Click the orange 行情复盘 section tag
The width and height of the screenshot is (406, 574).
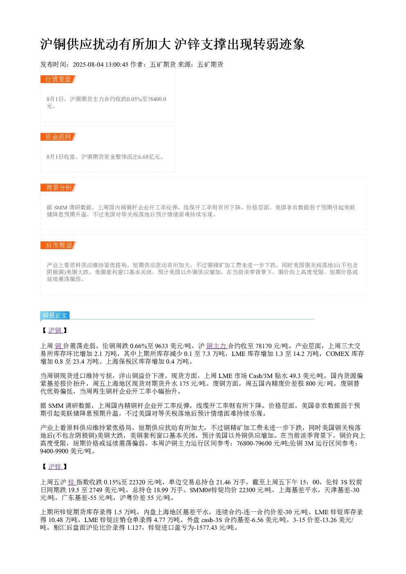[x=58, y=79]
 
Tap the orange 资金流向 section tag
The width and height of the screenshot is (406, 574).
[x=58, y=137]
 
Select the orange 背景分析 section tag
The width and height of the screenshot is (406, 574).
[x=58, y=187]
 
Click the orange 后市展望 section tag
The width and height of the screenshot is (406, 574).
[x=58, y=245]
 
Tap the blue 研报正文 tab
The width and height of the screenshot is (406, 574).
[x=55, y=315]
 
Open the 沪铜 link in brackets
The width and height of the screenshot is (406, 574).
[x=55, y=330]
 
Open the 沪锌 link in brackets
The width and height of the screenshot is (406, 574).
[x=55, y=466]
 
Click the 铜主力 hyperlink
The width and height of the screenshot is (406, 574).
[x=217, y=346]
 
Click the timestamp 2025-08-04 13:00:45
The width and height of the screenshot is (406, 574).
[x=100, y=65]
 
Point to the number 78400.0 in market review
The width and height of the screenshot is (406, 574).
[x=157, y=99]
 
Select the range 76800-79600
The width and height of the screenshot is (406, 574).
[x=254, y=443]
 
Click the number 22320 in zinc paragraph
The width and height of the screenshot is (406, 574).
[x=137, y=482]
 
